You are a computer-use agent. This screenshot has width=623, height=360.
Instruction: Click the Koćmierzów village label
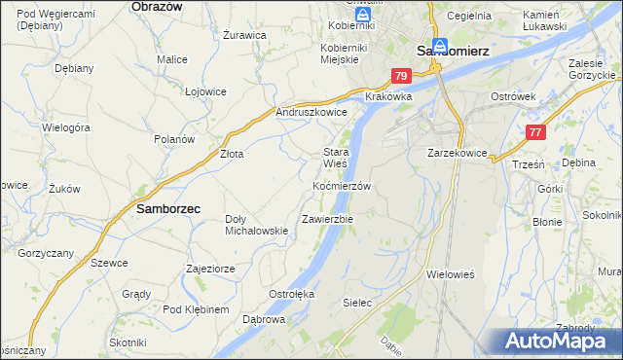pos(342,185)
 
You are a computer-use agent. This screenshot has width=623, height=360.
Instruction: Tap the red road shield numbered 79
pos(401,75)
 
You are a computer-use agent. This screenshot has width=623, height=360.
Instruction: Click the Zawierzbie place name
pos(328,219)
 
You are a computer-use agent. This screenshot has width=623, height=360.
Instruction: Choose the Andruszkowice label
pos(311,112)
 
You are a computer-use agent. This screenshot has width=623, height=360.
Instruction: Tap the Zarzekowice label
pos(457,153)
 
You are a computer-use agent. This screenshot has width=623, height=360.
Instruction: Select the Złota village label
pos(231,153)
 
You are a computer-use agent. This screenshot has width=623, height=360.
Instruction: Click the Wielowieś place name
pos(450,274)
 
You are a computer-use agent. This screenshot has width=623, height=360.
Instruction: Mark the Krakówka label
pos(388,97)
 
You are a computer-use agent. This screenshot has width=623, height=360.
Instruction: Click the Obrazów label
pos(157,6)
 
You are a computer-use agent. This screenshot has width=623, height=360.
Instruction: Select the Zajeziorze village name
pos(211,268)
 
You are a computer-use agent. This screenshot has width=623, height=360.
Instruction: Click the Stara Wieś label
pos(336,158)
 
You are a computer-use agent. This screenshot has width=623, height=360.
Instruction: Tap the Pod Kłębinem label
pos(196,309)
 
